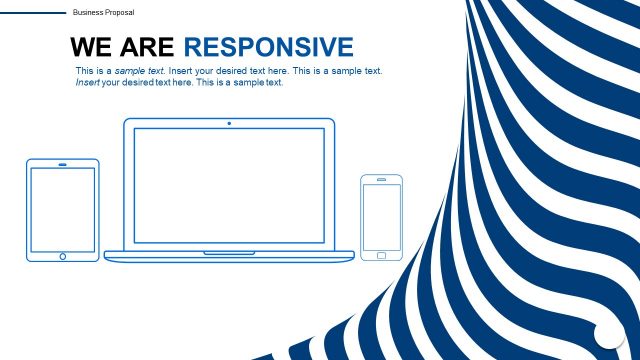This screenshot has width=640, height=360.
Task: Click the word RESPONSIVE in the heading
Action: [x=269, y=47]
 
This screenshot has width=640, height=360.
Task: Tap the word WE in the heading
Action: [x=90, y=47]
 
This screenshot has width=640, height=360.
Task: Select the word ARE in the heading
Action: [x=148, y=47]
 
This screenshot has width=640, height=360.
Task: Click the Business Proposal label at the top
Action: [x=104, y=12]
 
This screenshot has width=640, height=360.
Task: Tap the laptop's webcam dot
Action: [x=229, y=124]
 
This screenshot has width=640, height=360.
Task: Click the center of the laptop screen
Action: [x=229, y=187]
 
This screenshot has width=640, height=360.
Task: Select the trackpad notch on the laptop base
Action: [x=229, y=253]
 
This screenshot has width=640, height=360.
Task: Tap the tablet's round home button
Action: [x=62, y=256]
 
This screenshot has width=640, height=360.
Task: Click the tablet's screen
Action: [x=62, y=209]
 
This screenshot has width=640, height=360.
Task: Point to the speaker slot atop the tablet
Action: [x=62, y=163]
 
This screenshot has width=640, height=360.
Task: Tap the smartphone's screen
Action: [x=381, y=217]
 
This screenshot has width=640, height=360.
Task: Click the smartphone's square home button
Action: [x=381, y=255]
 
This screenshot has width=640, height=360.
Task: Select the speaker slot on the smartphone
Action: [x=381, y=181]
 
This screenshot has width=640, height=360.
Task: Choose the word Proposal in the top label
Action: [x=119, y=12]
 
